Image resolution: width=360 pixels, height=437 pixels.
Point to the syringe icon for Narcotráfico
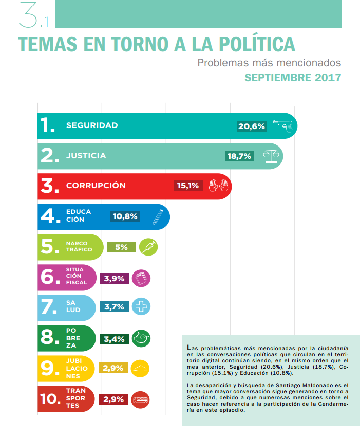point(148,247)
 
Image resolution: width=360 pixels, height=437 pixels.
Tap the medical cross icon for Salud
point(140,307)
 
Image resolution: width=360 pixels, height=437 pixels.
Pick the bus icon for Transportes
point(140,399)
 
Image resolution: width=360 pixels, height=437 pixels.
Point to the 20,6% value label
point(252,126)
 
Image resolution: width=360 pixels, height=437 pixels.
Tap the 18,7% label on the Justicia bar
point(239,156)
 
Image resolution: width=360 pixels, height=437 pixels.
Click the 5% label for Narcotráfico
point(121,247)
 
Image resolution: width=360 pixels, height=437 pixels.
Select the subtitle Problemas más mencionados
point(269,63)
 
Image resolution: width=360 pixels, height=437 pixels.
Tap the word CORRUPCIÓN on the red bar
point(96,186)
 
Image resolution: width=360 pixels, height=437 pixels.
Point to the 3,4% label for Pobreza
point(114,338)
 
